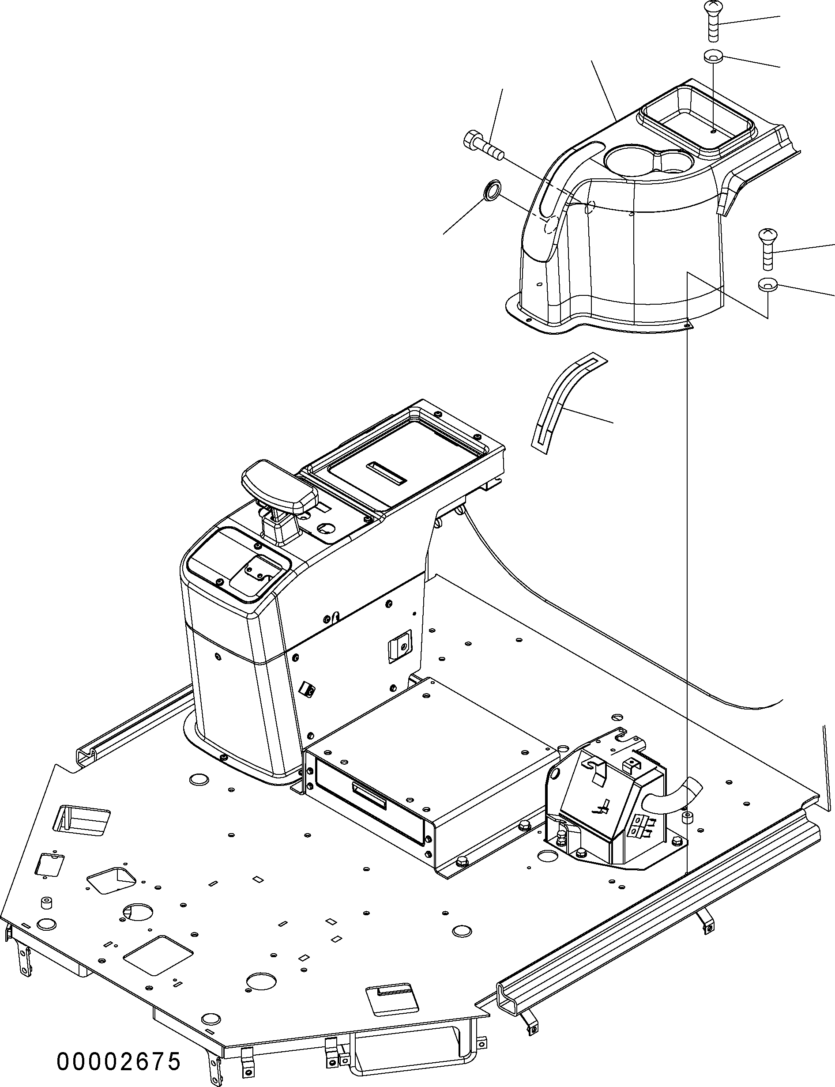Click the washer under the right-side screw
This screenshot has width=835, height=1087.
pos(768,285)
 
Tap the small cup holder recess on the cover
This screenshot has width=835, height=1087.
pos(671,162)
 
